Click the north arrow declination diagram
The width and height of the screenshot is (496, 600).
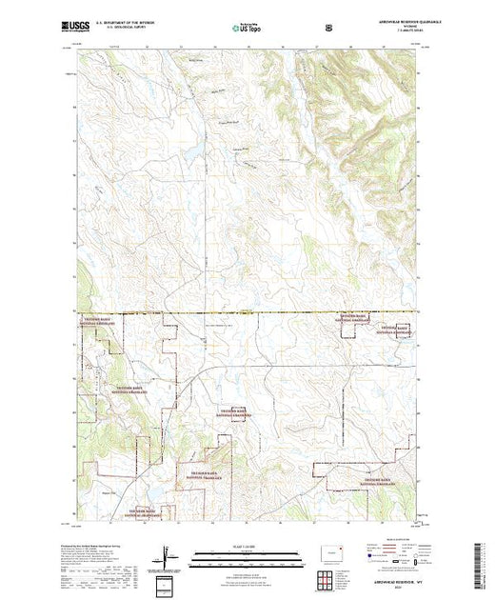pos(168,555)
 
